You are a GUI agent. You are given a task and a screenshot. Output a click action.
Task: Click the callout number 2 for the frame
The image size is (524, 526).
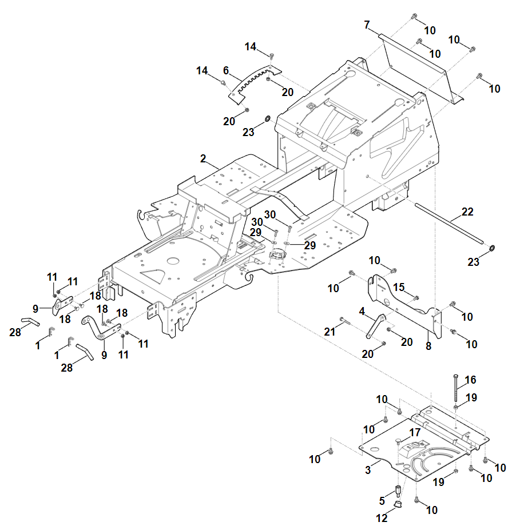coord(203,158)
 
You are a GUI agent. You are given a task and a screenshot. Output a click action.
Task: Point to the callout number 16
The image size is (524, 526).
coord(470,380)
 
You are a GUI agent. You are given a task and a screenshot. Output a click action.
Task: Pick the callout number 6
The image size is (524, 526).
coord(225,70)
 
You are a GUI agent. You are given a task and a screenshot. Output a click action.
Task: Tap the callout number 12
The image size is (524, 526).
coord(382,518)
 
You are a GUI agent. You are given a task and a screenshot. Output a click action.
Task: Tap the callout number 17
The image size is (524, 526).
coord(414,432)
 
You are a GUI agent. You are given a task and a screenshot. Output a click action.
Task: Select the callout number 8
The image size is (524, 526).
coord(428,345)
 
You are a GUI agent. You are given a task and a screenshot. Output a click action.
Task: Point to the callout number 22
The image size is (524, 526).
coord(467,212)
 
